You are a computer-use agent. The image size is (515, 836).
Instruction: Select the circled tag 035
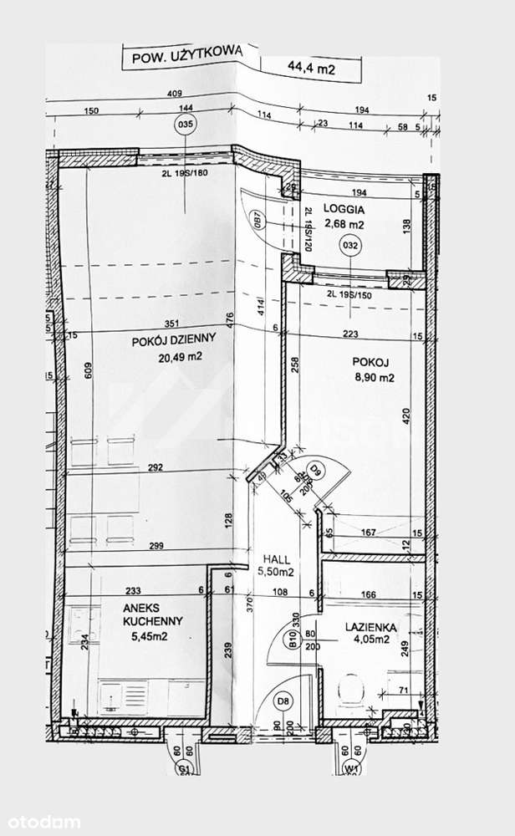186,125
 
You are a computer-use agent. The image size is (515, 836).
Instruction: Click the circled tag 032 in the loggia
350,245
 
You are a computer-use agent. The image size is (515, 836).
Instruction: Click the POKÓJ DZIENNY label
174,339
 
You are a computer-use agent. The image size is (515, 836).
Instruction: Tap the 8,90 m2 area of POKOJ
372,378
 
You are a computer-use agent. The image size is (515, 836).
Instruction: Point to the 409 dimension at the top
174,93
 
